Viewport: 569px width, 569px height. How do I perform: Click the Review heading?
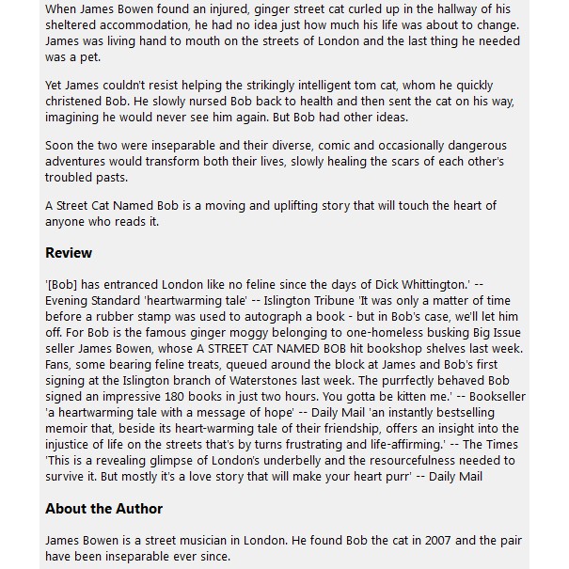pyautogui.click(x=69, y=252)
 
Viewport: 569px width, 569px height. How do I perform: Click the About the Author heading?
pyautogui.click(x=103, y=509)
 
